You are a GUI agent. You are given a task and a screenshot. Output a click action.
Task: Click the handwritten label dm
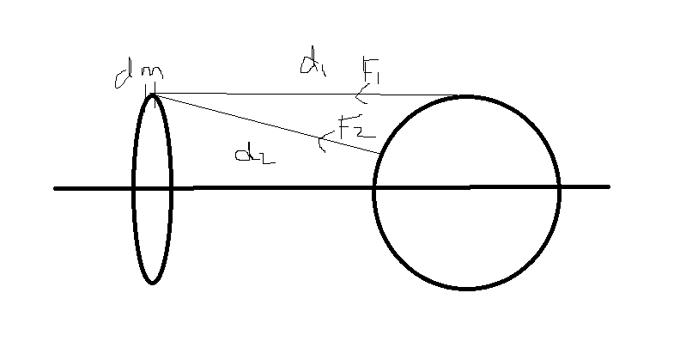[x=139, y=76]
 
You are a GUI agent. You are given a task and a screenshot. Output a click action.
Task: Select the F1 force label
[x=371, y=71]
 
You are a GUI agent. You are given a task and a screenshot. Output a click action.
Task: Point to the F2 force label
[x=357, y=126]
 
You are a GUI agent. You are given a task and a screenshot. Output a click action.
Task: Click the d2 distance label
[x=255, y=155]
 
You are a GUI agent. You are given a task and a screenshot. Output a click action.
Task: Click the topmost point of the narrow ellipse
[x=152, y=95]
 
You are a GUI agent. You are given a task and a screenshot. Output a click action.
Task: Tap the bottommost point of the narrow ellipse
[x=152, y=284]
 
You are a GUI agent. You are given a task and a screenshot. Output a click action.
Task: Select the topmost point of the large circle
[x=466, y=96]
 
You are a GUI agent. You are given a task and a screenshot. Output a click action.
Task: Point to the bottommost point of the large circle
[x=466, y=289]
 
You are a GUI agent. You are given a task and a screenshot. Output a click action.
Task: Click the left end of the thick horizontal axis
[x=55, y=189]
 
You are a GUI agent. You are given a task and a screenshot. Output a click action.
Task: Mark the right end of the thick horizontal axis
[x=609, y=187]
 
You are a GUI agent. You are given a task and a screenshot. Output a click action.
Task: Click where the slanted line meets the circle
[x=379, y=153]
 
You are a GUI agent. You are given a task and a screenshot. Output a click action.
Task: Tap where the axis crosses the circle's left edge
[x=374, y=188]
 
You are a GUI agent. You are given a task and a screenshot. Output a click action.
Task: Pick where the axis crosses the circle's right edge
[x=559, y=187]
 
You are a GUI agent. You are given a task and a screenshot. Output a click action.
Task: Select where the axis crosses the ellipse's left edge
[x=133, y=189]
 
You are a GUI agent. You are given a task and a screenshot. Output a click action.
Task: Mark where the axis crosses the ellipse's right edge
[x=171, y=188]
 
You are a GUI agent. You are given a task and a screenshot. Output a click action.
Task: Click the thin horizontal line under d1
[x=307, y=95]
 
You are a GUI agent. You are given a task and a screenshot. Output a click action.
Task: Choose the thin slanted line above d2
[x=266, y=124]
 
